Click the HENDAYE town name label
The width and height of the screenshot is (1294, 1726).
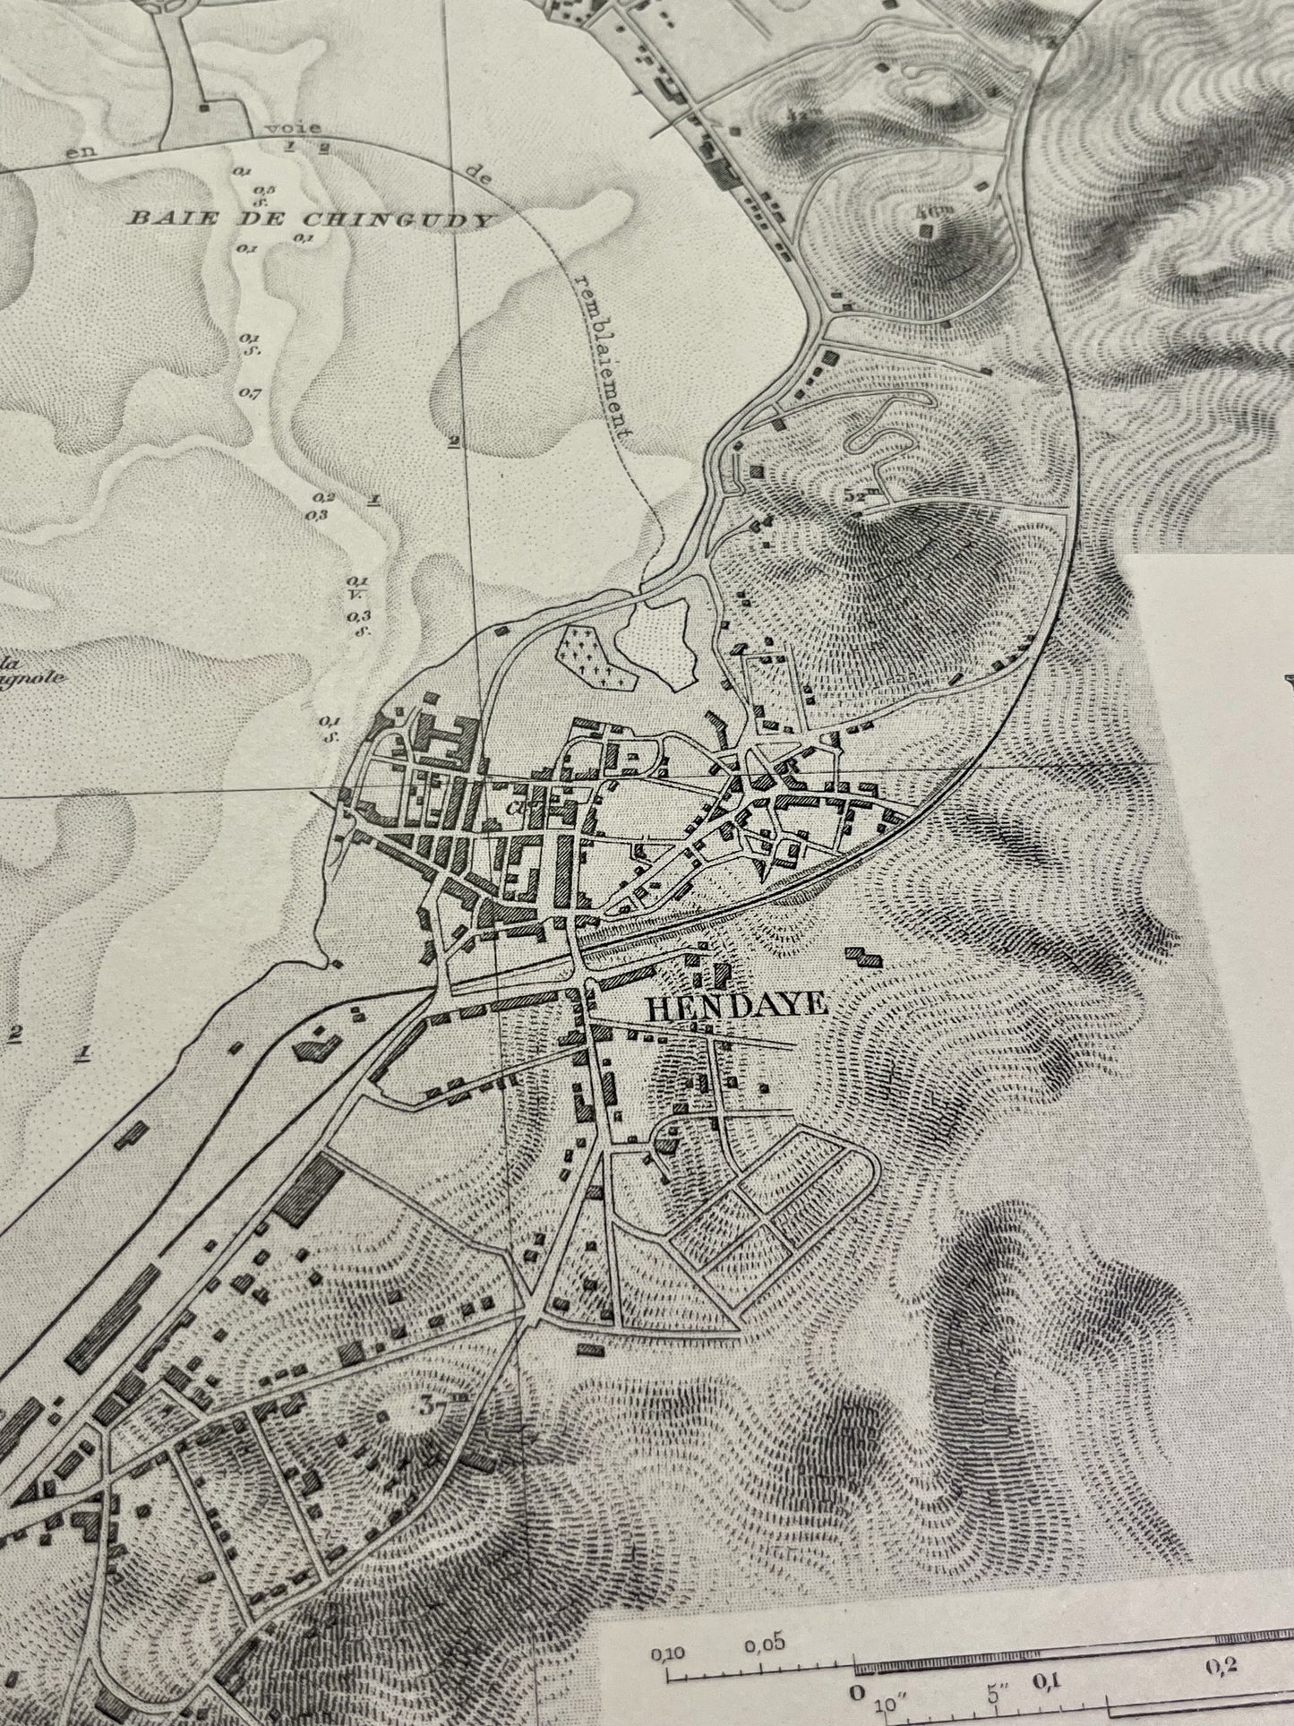coord(735,1006)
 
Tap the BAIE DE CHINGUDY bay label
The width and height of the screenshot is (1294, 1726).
coord(311,217)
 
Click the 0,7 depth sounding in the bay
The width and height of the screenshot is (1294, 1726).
coord(250,392)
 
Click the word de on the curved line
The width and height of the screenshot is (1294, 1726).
coord(483,177)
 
